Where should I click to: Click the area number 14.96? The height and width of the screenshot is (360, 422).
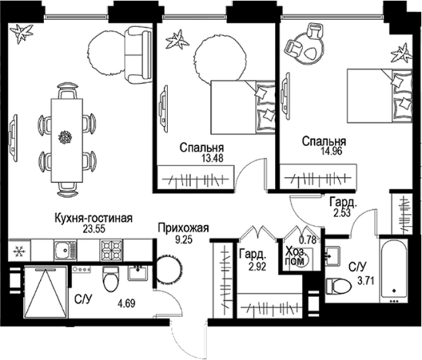coord(323,152)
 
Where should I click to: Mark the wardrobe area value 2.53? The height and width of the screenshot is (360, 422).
coord(341,212)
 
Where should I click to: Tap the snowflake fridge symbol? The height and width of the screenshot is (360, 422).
coord(17,251)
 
